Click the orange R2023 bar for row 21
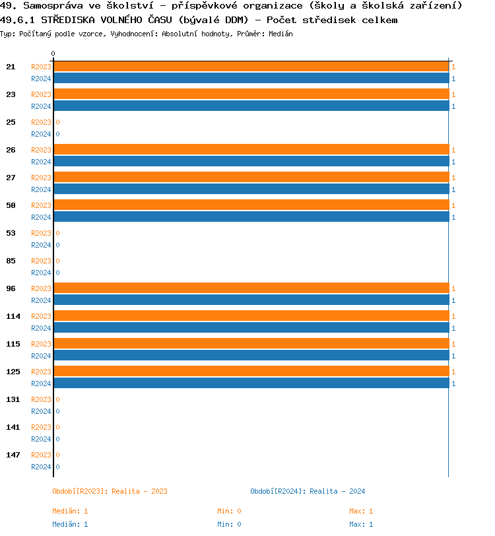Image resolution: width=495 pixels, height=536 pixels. click(251, 67)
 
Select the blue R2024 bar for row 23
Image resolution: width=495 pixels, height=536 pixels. click(251, 106)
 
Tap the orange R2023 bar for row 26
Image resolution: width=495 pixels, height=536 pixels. click(251, 150)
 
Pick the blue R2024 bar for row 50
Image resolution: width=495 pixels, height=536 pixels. click(251, 217)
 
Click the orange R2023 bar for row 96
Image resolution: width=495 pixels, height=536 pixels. click(251, 288)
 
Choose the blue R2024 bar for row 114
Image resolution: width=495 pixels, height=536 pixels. click(251, 328)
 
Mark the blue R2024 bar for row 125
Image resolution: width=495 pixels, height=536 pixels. click(251, 384)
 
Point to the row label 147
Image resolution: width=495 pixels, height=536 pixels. click(13, 455)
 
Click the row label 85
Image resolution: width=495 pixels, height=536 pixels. click(11, 261)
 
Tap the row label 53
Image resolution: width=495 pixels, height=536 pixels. click(11, 233)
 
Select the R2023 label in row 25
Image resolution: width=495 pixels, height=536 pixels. click(41, 122)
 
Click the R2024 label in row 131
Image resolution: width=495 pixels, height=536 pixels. click(41, 411)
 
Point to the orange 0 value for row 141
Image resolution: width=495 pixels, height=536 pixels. click(57, 427)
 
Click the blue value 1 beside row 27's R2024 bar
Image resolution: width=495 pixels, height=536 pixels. click(453, 189)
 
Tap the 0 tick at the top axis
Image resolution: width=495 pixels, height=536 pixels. click(53, 53)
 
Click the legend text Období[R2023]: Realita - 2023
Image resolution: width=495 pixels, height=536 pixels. click(110, 491)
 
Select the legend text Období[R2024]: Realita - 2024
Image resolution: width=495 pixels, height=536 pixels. click(308, 491)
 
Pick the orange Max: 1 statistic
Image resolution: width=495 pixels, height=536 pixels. click(361, 511)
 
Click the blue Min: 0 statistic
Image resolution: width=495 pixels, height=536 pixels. click(229, 524)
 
